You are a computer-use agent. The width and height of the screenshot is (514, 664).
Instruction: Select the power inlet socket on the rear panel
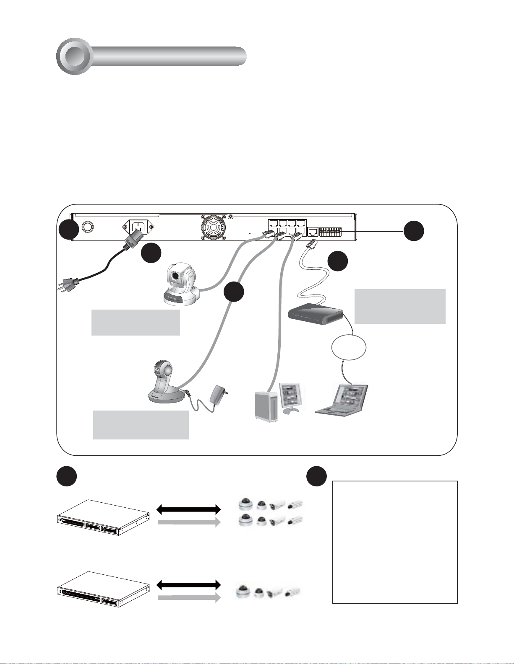click(138, 228)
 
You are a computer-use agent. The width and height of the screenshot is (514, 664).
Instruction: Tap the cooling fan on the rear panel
click(214, 228)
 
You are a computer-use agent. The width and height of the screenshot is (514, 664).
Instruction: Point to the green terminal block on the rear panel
click(330, 232)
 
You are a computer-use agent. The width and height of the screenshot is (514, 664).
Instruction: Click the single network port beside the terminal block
click(313, 232)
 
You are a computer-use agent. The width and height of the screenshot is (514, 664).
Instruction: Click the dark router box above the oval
click(316, 314)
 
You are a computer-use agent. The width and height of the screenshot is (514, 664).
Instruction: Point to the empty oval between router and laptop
click(349, 347)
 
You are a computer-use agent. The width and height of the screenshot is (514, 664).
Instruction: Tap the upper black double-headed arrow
click(188, 509)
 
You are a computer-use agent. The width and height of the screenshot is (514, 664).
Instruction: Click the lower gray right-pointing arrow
click(189, 598)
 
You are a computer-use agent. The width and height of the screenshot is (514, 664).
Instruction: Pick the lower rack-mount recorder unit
click(103, 589)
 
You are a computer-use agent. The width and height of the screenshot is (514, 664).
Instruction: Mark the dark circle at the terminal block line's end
click(414, 231)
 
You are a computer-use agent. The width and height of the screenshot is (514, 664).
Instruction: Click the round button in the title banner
click(74, 56)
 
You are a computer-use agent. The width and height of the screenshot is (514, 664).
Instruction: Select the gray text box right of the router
click(400, 306)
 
